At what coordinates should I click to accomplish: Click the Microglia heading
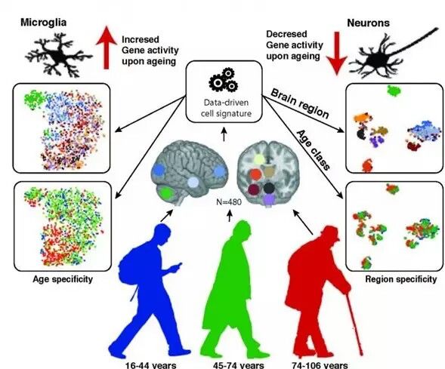tap(43, 23)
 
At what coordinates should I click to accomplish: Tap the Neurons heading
tap(369, 23)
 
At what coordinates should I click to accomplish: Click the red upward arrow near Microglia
tap(106, 47)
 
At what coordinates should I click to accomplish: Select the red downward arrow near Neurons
tap(337, 54)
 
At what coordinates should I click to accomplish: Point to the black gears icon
tap(224, 80)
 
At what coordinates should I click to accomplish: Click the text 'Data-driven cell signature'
tap(226, 108)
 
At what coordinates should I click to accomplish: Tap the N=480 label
tap(229, 201)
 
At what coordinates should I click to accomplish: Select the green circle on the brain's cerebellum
tap(166, 193)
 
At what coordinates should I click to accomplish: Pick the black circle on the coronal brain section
tap(269, 188)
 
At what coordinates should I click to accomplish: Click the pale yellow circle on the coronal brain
tap(259, 160)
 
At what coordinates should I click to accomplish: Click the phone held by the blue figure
tap(178, 266)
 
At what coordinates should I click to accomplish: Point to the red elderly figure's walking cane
tap(354, 320)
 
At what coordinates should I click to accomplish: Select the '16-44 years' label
tap(150, 365)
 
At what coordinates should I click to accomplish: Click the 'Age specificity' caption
tap(63, 279)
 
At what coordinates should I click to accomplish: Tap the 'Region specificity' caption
tap(400, 279)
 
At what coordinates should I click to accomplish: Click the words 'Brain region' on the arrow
tap(300, 103)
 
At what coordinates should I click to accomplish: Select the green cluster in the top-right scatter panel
tap(394, 91)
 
